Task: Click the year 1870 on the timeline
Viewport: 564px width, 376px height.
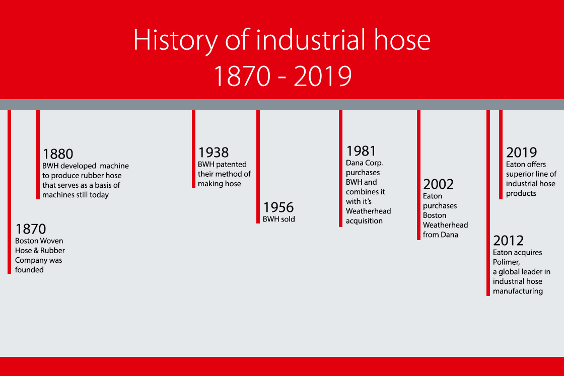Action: [31, 229]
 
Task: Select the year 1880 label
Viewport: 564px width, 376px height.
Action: [58, 154]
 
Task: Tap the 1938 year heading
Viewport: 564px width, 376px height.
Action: [214, 153]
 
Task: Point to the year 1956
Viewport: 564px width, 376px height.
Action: [278, 207]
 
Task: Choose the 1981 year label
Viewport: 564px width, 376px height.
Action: [361, 151]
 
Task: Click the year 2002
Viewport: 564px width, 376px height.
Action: [438, 184]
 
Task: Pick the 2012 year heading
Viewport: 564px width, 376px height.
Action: [508, 241]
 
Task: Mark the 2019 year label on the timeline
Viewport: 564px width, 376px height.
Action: [522, 153]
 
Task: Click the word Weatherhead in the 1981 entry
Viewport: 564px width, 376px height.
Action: [368, 211]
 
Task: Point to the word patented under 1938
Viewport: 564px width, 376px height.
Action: [232, 165]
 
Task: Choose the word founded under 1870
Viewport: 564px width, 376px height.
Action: [29, 270]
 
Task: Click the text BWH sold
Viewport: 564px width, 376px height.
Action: [279, 219]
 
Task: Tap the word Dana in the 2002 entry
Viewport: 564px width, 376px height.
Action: [450, 235]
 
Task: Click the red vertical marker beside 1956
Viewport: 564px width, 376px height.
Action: [258, 167]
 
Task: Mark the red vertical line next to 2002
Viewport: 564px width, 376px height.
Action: [418, 175]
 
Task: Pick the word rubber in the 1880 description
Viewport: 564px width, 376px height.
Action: [93, 176]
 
